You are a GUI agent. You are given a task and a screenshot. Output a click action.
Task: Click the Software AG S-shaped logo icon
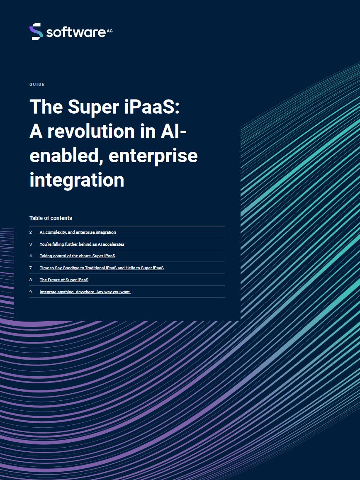coord(36,32)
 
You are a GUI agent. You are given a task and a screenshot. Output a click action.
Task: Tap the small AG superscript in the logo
coord(109,31)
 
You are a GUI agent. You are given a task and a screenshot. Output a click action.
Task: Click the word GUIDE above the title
coord(37,85)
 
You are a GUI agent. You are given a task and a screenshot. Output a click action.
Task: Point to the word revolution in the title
coord(91,131)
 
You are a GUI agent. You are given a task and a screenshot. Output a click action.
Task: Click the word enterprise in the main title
coord(153,156)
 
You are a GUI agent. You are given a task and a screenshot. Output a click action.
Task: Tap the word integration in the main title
coord(77,180)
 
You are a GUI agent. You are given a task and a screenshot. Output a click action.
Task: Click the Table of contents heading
coord(51,218)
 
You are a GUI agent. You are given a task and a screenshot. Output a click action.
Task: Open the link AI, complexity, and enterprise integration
coord(78,232)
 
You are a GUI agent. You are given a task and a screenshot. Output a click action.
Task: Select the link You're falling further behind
coord(82,244)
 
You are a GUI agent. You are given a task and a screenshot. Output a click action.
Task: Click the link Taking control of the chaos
coord(78,256)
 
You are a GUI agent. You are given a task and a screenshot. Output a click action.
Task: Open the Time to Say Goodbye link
coord(102,268)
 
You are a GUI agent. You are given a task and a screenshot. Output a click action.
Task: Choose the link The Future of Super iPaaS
coord(64,280)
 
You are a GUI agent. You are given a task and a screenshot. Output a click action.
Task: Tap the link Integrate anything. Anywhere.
coord(85,292)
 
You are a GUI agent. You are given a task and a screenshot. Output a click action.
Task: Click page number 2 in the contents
coord(31,232)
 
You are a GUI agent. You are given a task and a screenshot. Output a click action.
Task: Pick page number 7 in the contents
coord(31,268)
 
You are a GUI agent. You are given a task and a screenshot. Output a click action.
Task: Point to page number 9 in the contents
coord(31,292)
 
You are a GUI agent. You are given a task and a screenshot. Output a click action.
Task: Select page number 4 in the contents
coord(31,256)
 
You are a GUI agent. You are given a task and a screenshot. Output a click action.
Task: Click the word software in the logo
coord(76,32)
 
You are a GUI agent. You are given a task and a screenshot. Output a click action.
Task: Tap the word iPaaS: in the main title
coord(152,107)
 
